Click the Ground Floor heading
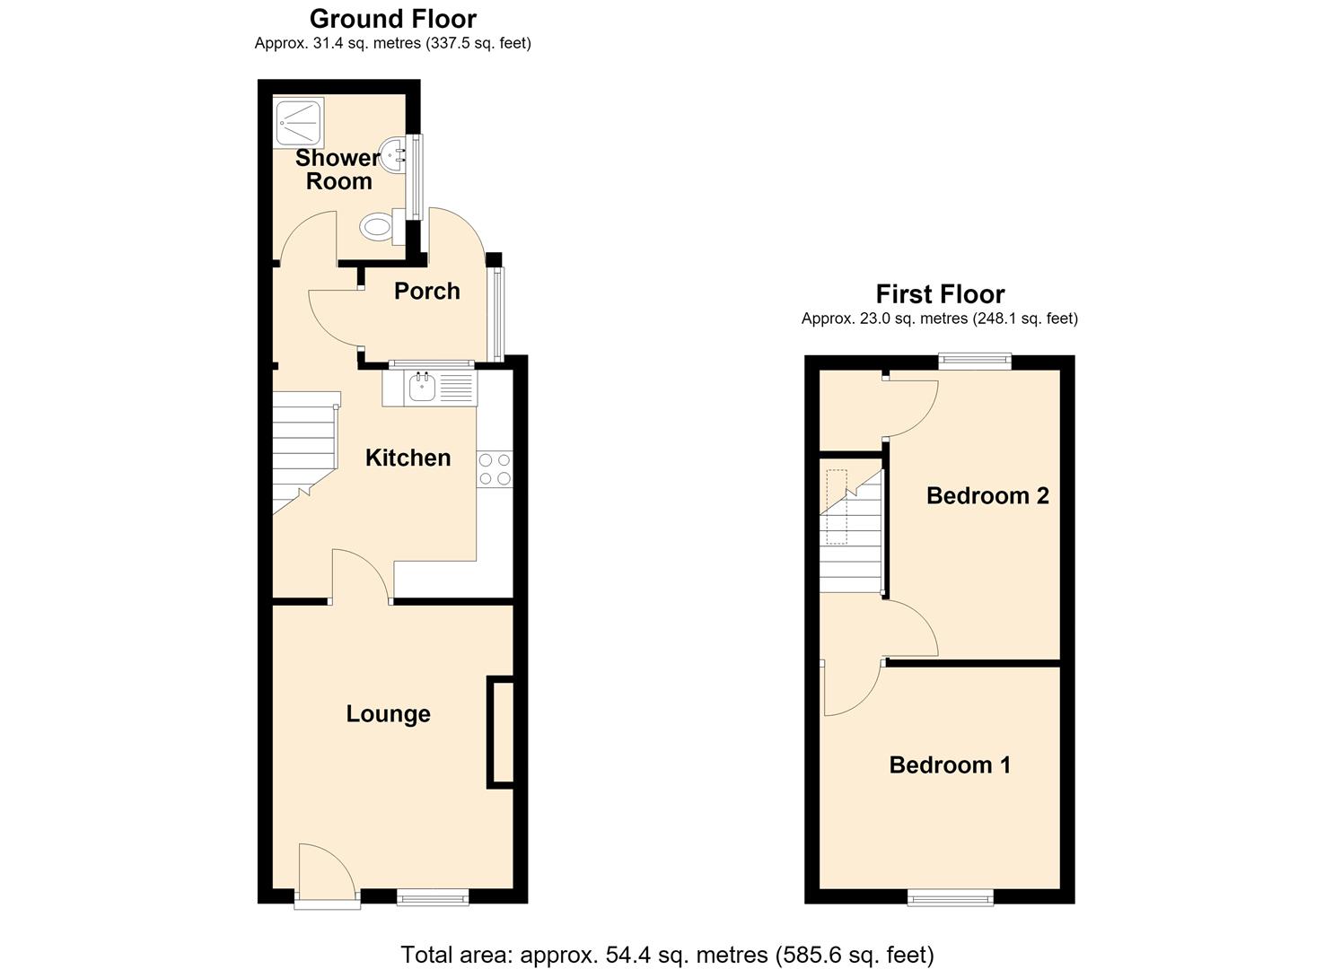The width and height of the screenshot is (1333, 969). [393, 19]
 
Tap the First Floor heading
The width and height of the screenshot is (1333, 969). [940, 294]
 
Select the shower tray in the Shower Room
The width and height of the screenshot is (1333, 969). [299, 124]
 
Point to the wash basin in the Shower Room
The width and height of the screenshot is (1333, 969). [393, 154]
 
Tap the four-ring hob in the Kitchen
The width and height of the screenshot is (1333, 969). [495, 469]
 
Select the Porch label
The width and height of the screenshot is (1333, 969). [427, 291]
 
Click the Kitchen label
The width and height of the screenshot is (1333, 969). [408, 458]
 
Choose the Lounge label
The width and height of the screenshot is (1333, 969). [389, 714]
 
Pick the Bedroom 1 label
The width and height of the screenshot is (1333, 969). [950, 765]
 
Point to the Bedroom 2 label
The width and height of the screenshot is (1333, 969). [987, 495]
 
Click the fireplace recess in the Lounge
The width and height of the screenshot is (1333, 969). [501, 732]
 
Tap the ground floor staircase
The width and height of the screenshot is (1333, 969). [304, 452]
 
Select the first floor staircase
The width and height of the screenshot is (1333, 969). [851, 530]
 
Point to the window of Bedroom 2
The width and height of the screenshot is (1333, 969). [975, 361]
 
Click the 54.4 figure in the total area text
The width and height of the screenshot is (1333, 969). [627, 938]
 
